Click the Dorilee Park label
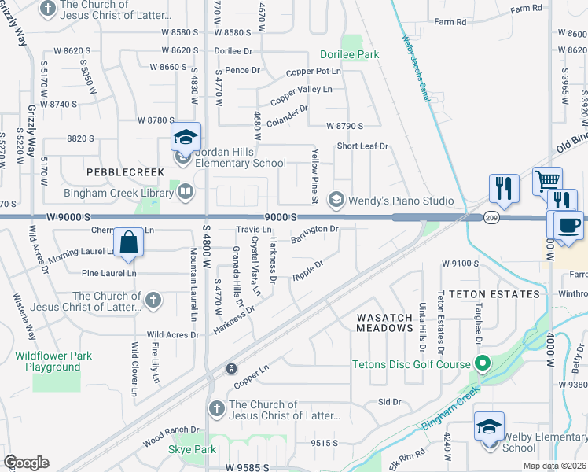[x=349, y=54]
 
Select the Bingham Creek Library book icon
[x=186, y=190]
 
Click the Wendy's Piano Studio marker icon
[x=337, y=201]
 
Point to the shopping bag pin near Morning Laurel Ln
[x=129, y=243]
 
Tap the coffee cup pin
[x=568, y=226]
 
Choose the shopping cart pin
[x=547, y=183]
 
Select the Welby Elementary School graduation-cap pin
[x=489, y=427]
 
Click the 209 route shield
[x=492, y=218]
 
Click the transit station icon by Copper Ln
[x=232, y=368]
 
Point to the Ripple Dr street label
[x=308, y=271]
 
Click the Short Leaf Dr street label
[x=363, y=146]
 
